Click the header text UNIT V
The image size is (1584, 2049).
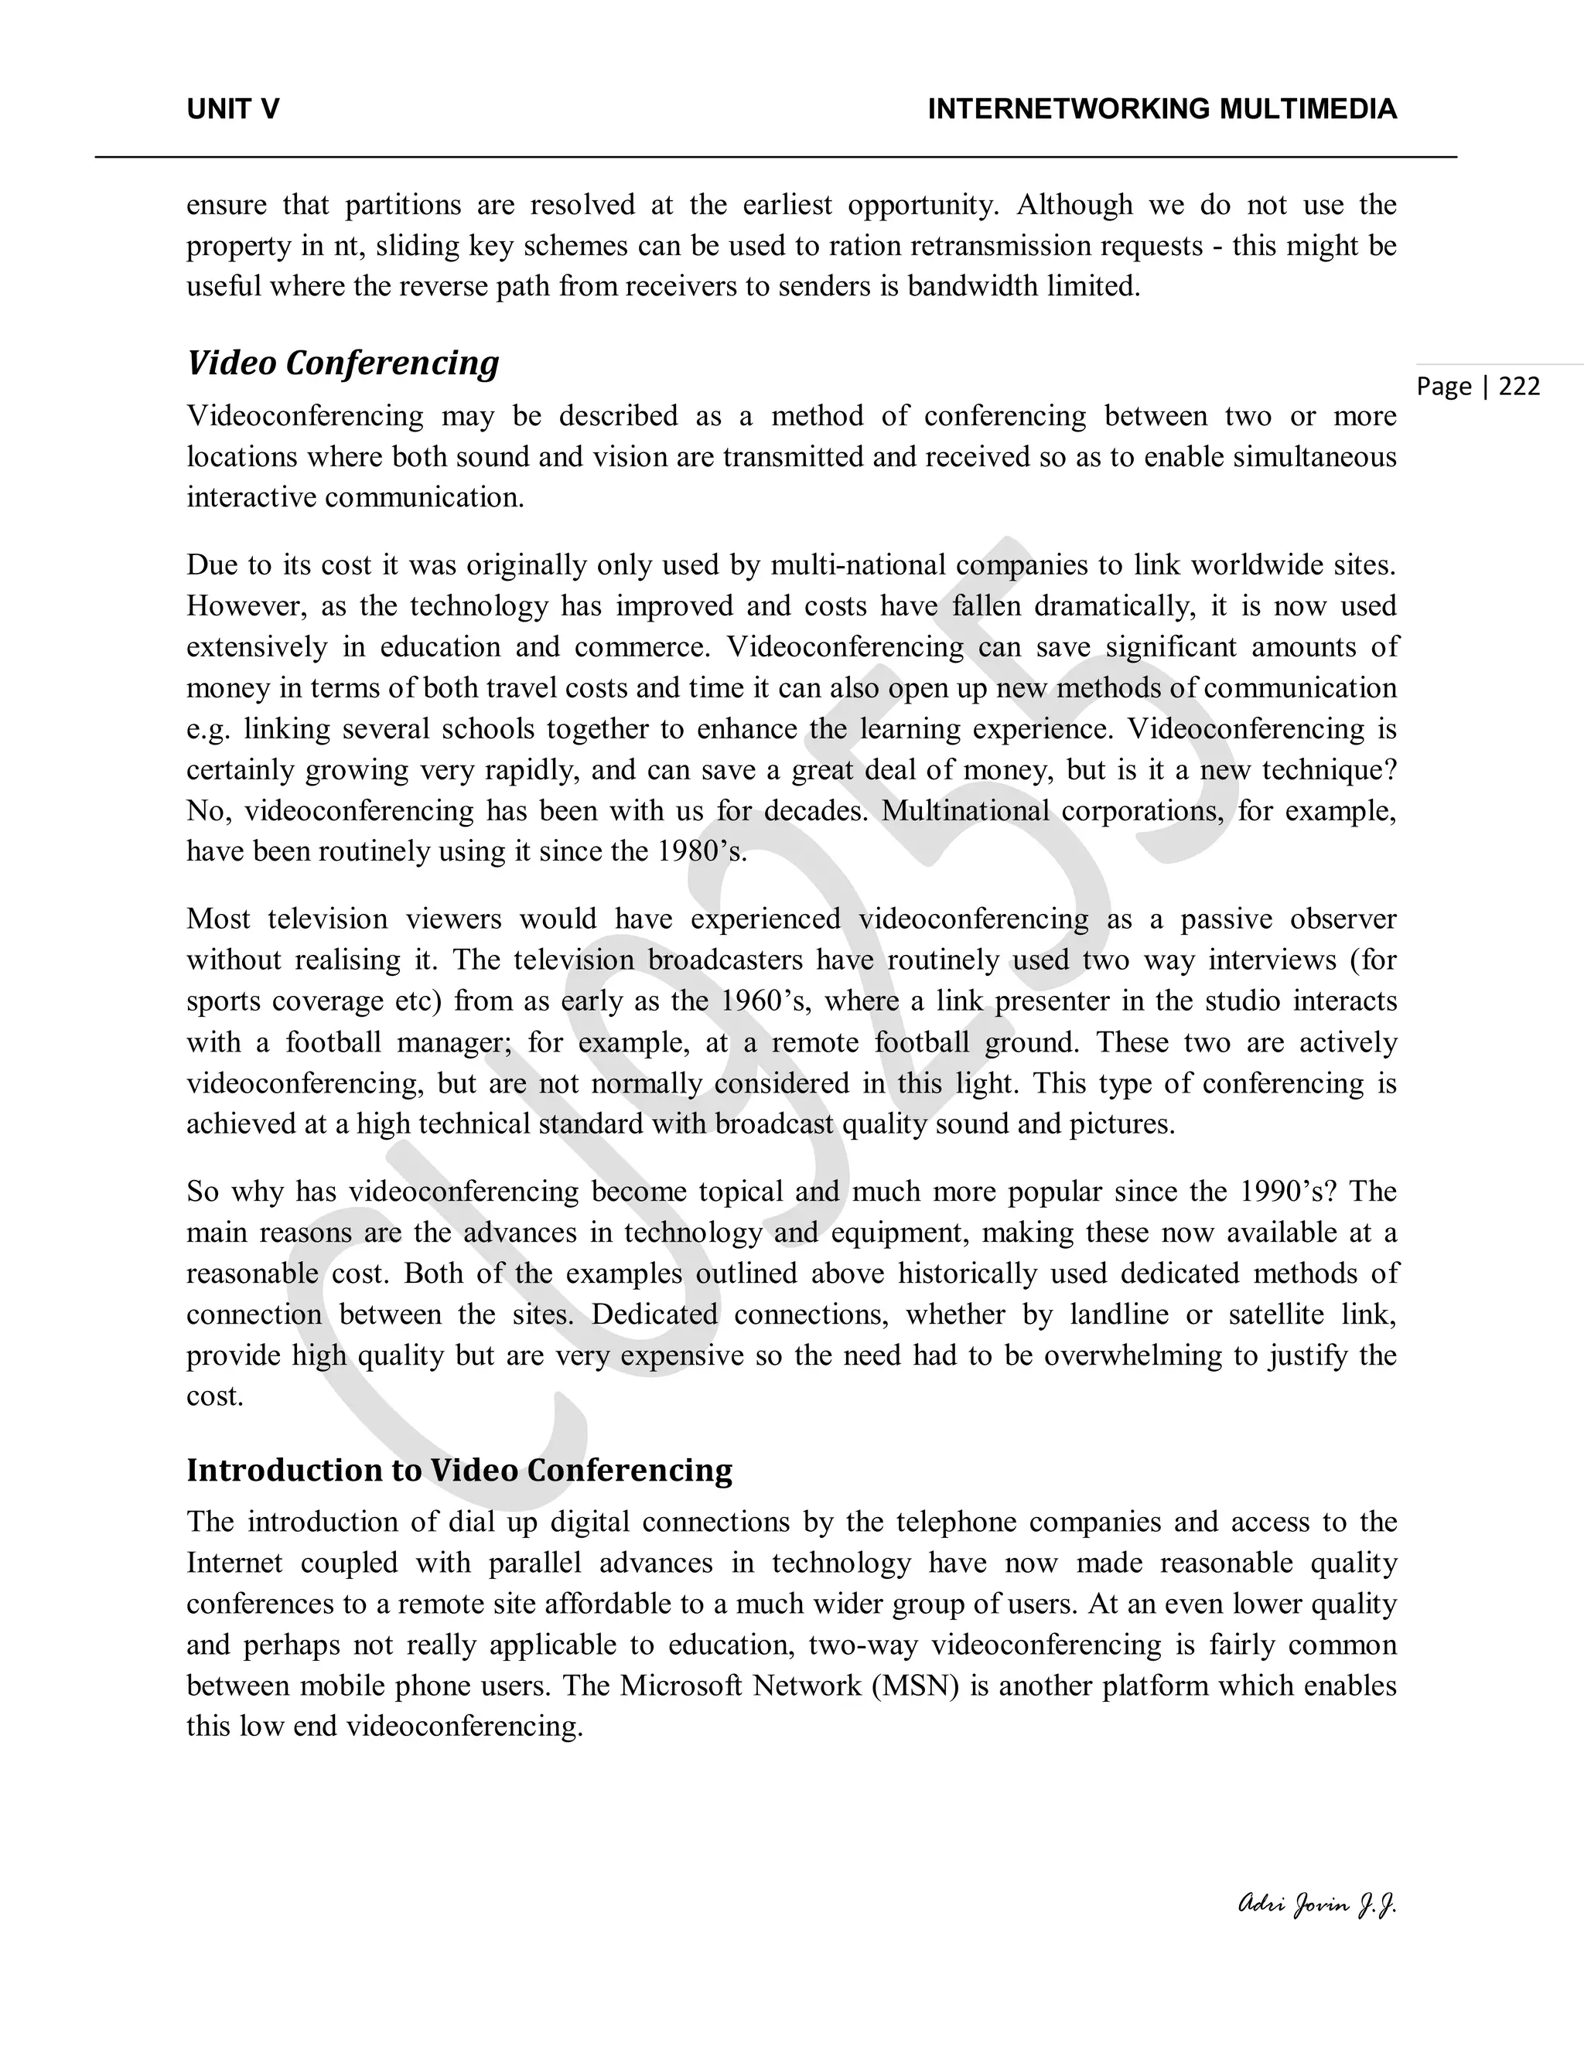233,110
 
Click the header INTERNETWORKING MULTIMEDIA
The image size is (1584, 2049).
1162,110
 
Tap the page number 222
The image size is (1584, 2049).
1519,387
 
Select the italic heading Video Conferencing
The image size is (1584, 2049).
343,363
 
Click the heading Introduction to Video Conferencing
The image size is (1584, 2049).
459,1470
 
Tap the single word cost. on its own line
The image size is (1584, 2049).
215,1396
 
